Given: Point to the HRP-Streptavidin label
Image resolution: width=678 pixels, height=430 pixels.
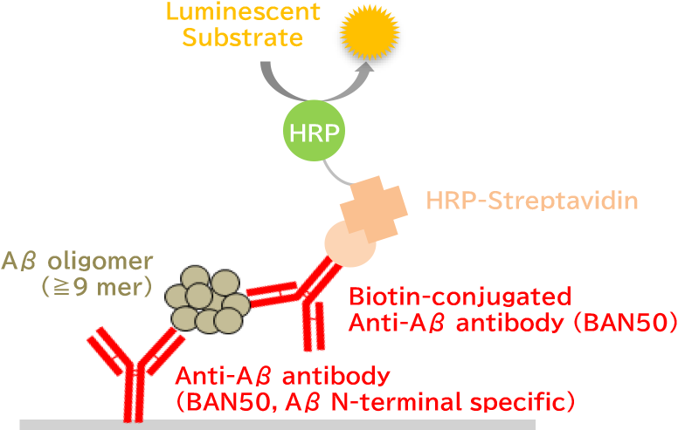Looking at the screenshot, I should click(532, 201).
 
